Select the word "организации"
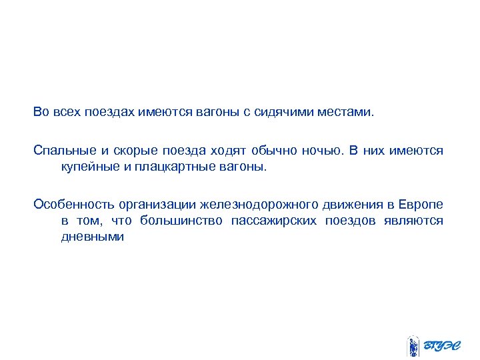point(154,204)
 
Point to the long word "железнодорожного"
point(263,204)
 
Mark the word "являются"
point(413,221)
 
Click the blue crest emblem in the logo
point(413,346)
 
